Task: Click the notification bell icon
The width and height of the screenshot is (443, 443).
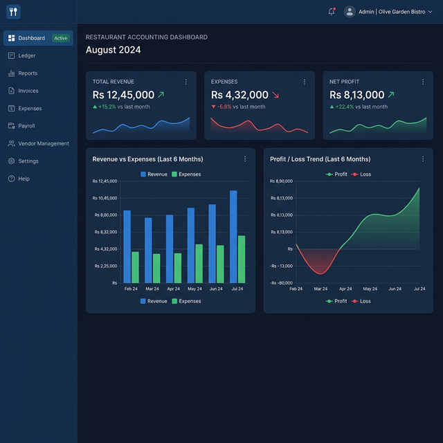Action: (x=332, y=12)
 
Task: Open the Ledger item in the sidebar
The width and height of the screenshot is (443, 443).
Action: (x=21, y=55)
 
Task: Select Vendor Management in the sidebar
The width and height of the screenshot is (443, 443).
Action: (x=39, y=143)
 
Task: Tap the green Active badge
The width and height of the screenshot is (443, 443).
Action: (x=61, y=38)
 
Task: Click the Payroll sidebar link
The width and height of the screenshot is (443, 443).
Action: (x=21, y=126)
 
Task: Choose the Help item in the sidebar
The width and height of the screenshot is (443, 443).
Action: (x=19, y=179)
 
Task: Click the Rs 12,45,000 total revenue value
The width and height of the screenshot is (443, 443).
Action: (x=123, y=95)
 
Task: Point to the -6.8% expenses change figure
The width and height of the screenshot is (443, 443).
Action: (x=224, y=107)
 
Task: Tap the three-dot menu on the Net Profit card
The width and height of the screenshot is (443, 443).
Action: (x=423, y=82)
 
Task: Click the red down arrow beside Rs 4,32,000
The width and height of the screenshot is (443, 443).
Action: (x=275, y=95)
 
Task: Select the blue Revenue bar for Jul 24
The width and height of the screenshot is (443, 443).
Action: (x=233, y=237)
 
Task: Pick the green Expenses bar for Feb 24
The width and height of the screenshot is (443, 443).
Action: (x=136, y=267)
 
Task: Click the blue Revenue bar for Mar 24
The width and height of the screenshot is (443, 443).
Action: (x=148, y=251)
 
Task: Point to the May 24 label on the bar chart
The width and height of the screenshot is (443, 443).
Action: (x=195, y=289)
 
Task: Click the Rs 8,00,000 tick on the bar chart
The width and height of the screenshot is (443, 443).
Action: (x=106, y=215)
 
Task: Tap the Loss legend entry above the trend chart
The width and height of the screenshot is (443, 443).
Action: (x=361, y=174)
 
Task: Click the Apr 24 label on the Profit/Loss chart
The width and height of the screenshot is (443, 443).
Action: (x=345, y=289)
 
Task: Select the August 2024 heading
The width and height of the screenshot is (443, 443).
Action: (x=114, y=50)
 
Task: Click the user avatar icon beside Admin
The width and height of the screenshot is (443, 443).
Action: (x=350, y=12)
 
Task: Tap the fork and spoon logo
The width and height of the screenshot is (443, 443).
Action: (x=13, y=12)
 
